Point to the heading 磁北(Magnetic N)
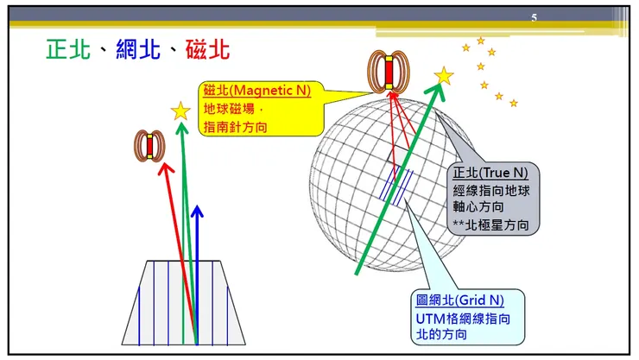pos(256,90)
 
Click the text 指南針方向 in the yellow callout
pos(236,127)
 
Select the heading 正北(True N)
pos(490,172)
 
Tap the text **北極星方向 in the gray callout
pos(497,224)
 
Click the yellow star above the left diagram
pos(180,111)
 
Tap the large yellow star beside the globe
pos(444,76)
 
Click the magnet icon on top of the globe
pos(389,72)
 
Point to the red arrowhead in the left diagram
pos(161,170)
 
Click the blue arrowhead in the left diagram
pos(198,212)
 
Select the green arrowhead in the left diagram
pos(181,129)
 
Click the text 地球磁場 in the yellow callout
pos(231,109)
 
